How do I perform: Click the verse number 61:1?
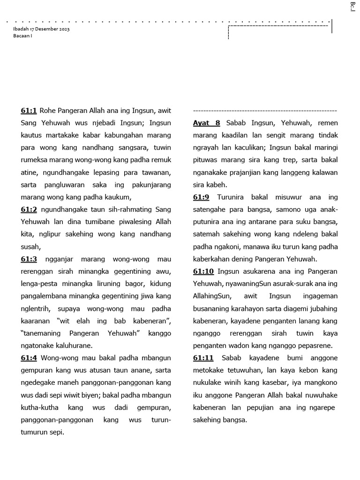pos(29,111)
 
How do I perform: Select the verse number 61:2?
pos(29,210)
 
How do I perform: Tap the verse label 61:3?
pos(29,259)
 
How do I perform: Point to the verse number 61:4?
pos(29,358)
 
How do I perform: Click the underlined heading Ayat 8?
pos(206,123)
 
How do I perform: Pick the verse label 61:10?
pos(203,271)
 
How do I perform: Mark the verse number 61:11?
pos(203,358)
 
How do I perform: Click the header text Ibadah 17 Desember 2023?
pos(41,29)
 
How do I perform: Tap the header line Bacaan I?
pos(22,36)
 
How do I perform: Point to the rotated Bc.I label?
pos(352,7)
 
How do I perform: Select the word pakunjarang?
pos(148,185)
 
